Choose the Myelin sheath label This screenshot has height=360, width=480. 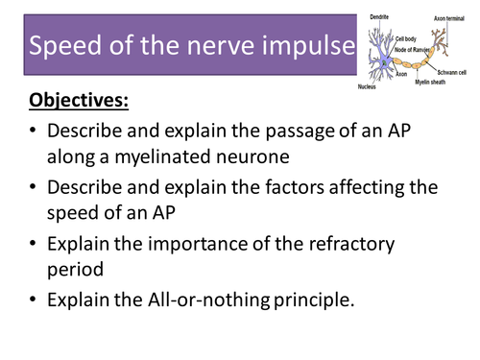pyautogui.click(x=433, y=83)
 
